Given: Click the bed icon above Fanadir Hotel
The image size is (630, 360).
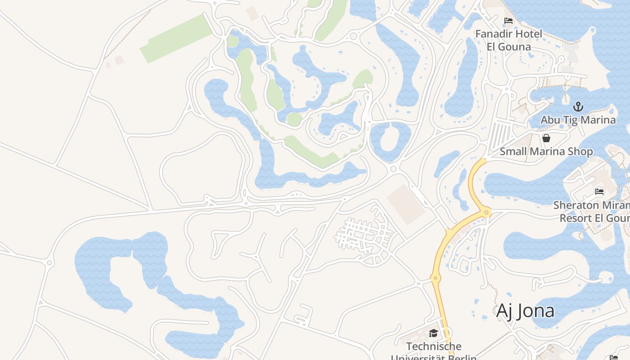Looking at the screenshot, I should point(508,21).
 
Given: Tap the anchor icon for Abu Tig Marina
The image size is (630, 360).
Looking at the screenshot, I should point(578,107).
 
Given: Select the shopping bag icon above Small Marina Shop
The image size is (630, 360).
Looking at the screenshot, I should point(546,138).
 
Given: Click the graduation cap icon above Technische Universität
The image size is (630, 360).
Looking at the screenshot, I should point(433,333).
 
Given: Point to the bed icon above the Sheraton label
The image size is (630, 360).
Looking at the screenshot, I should point(599,191).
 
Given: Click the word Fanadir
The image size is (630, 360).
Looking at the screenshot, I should point(495,34).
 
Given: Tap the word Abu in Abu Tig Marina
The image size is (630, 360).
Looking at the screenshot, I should point(550,120).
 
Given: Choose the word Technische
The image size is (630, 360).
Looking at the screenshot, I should point(434,346).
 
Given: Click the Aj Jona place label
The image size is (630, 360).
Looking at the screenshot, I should point(525,311).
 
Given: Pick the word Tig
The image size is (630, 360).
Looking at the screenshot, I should point(571,120).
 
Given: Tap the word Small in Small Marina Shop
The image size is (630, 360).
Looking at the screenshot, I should point(513,152).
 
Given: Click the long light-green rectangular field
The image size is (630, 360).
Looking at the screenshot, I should point(176,39).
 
